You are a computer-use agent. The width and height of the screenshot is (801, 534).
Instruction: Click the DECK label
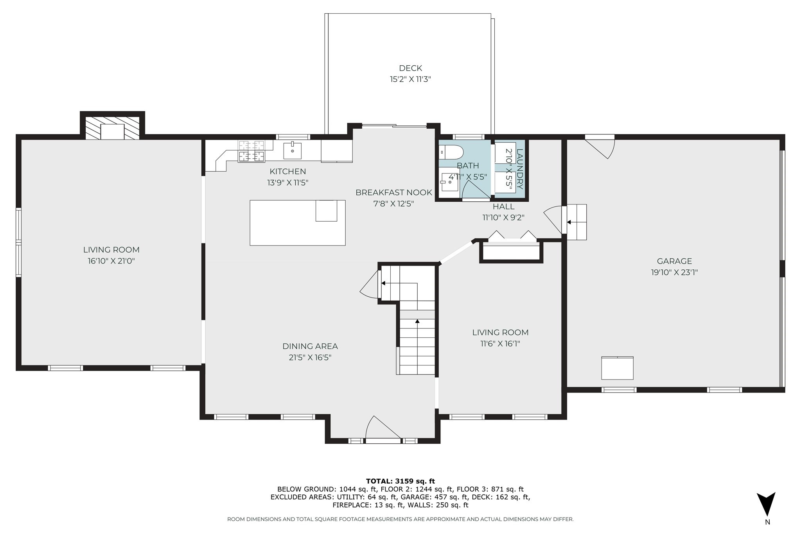click(x=410, y=68)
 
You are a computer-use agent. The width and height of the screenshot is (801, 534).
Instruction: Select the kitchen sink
click(x=292, y=151)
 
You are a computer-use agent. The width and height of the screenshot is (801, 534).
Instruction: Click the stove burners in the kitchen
click(x=251, y=151)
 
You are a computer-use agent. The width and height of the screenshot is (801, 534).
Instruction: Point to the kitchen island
click(x=297, y=223)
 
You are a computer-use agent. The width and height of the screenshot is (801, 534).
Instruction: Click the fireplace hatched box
click(x=112, y=127)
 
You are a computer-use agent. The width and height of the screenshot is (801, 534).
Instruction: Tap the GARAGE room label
click(x=674, y=261)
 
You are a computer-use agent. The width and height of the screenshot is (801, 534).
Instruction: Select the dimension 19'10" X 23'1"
click(x=674, y=272)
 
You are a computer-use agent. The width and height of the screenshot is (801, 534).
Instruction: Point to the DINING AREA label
click(x=310, y=346)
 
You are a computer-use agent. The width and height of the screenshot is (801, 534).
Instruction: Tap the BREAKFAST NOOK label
click(x=393, y=192)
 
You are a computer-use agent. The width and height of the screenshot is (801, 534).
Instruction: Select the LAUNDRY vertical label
click(x=520, y=169)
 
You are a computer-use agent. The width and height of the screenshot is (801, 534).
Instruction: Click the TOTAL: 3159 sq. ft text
click(x=400, y=481)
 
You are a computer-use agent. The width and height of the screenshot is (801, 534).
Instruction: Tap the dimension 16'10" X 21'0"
click(x=111, y=261)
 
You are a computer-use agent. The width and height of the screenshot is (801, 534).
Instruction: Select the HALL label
click(x=503, y=206)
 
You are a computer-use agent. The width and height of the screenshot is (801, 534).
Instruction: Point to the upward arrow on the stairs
click(x=417, y=321)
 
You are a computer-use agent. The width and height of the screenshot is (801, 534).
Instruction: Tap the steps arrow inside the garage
click(x=569, y=222)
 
